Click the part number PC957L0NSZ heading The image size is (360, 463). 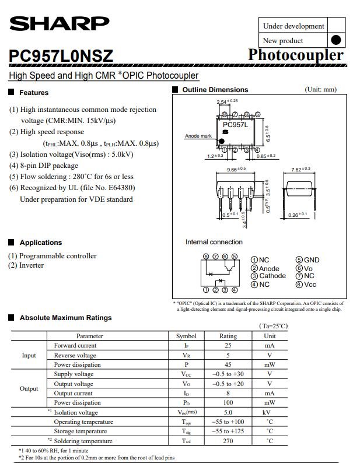(x=61, y=56)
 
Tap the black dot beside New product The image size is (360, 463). (x=335, y=40)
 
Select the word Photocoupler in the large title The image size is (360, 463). (x=295, y=55)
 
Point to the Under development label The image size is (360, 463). (x=293, y=26)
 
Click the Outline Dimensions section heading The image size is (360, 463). (x=215, y=90)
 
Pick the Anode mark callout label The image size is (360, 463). (x=198, y=136)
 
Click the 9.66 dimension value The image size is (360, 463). (x=235, y=169)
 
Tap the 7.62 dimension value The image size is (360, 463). (x=300, y=169)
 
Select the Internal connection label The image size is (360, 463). (x=214, y=242)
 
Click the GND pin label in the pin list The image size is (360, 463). (x=312, y=260)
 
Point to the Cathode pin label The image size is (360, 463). (x=272, y=276)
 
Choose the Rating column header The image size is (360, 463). (x=228, y=336)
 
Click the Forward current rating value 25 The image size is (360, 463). (x=228, y=345)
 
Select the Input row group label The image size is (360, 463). (x=29, y=355)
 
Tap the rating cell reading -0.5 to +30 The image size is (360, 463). (x=228, y=374)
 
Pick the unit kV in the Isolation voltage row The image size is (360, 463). (x=270, y=412)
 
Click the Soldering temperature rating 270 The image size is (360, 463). (x=228, y=441)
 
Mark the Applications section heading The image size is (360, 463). (x=40, y=243)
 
